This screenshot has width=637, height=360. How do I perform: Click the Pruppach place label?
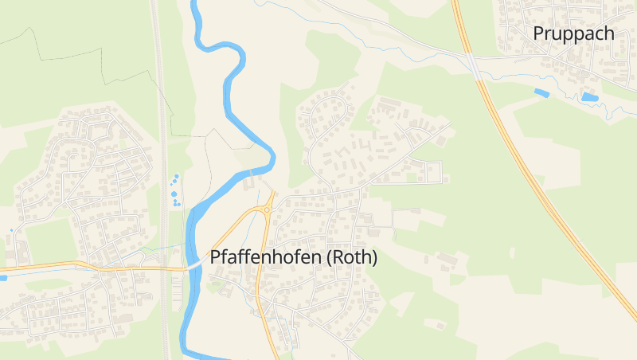(x=574, y=33)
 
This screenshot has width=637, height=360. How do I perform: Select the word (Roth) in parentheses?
(x=351, y=258)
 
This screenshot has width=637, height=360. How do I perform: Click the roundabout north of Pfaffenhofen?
(x=268, y=209)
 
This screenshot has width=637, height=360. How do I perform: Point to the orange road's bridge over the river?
(x=193, y=264)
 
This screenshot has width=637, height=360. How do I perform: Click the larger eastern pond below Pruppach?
(x=589, y=97)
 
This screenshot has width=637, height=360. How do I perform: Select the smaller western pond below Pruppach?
(x=541, y=93)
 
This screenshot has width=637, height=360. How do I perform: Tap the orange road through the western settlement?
(x=48, y=267)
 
